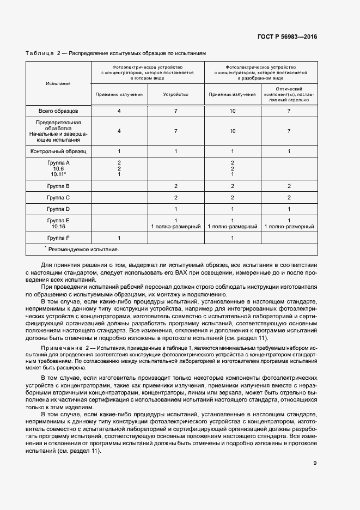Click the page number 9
315,463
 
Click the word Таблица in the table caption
39,53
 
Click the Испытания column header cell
58,83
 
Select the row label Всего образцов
58,111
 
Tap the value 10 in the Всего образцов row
233,111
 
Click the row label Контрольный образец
58,151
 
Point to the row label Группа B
58,186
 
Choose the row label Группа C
58,197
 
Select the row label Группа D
58,209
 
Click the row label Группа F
58,238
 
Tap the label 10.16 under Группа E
58,226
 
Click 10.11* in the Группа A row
58,174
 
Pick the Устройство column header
176,94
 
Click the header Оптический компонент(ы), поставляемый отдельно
289,94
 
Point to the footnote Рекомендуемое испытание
83,249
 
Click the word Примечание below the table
57,347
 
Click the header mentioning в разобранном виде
260,72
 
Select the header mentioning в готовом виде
147,72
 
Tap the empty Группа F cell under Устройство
176,238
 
